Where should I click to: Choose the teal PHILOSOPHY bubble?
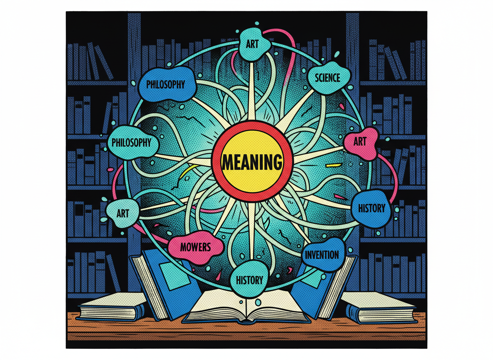click(132, 142)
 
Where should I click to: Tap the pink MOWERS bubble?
click(195, 247)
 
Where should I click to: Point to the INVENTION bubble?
click(322, 254)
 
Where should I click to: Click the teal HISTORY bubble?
click(249, 279)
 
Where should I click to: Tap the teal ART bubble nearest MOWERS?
click(122, 213)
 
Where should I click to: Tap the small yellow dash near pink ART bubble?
click(332, 165)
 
